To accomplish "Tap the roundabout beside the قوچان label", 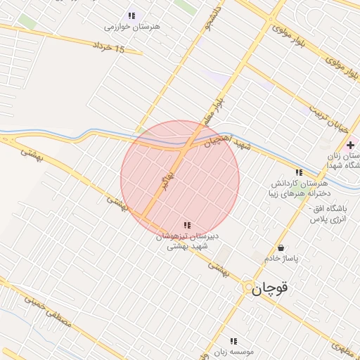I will pyautogui.click(x=246, y=286).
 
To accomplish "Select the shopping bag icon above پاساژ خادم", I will pyautogui.click(x=281, y=248).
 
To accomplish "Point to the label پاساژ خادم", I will pyautogui.click(x=281, y=259).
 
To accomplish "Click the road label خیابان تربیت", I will pyautogui.click(x=333, y=119).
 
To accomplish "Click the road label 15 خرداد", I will pyautogui.click(x=108, y=48).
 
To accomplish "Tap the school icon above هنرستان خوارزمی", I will pyautogui.click(x=131, y=15).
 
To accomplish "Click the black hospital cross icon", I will pyautogui.click(x=349, y=144).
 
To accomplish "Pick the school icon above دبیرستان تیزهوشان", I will pyautogui.click(x=186, y=225).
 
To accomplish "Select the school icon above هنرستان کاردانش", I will pyautogui.click(x=299, y=172).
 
